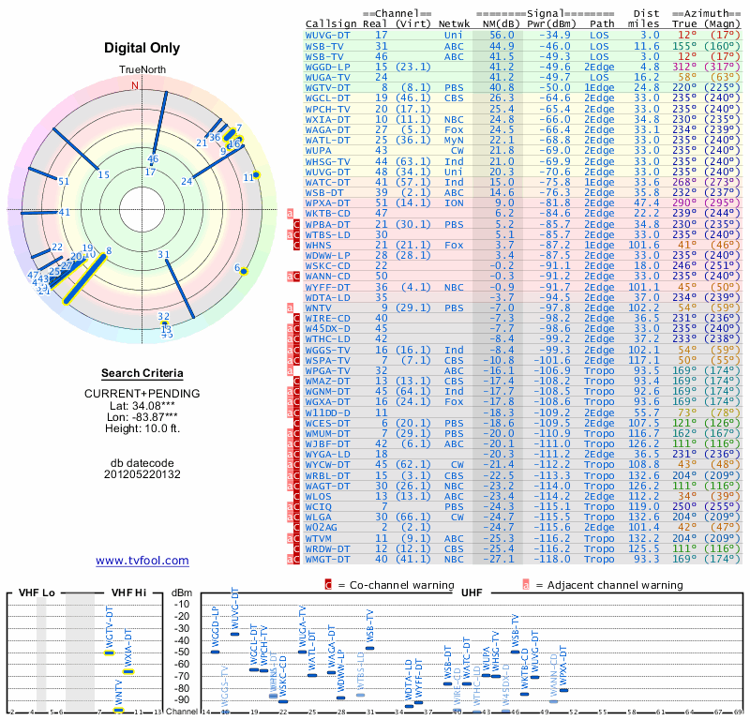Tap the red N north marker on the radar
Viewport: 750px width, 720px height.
pos(135,84)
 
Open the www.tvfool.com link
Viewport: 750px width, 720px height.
pos(142,561)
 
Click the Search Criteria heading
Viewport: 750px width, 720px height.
pos(142,374)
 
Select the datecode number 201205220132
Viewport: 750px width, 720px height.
pos(142,474)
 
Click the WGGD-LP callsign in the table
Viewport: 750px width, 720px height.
pos(328,67)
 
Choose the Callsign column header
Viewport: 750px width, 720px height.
pos(332,22)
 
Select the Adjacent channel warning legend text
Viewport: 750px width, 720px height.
pos(609,585)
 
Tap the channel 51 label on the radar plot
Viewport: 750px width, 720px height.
pos(64,181)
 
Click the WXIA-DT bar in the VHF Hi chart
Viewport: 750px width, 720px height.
pos(128,671)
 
